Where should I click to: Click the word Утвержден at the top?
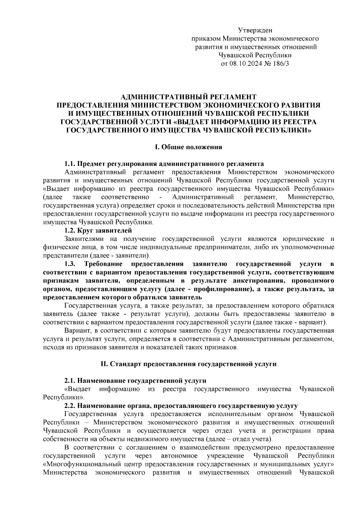click(255, 30)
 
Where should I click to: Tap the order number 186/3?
click(280, 64)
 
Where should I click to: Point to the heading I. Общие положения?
click(188, 147)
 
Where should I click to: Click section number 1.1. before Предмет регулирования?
click(70, 164)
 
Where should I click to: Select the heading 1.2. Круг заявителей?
click(98, 231)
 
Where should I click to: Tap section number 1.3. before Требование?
click(71, 264)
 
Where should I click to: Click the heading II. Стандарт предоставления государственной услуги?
click(188, 364)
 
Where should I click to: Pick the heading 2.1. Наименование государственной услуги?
click(135, 381)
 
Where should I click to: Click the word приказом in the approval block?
click(207, 38)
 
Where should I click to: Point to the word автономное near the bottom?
click(179, 464)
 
